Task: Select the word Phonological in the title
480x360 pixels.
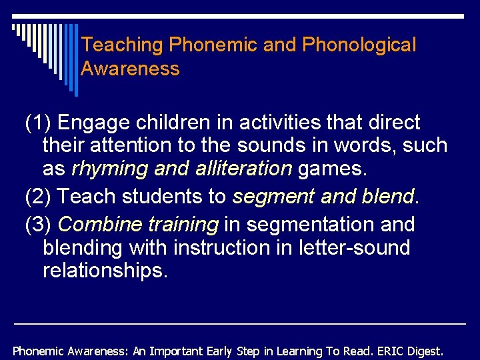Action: click(359, 45)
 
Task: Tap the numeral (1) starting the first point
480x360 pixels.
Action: click(38, 123)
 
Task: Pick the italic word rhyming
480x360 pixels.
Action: click(109, 169)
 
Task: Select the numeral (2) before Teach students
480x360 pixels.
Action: click(38, 197)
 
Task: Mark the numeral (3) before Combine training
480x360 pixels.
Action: click(38, 225)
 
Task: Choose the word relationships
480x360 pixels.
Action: click(105, 271)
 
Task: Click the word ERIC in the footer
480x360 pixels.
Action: click(389, 351)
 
